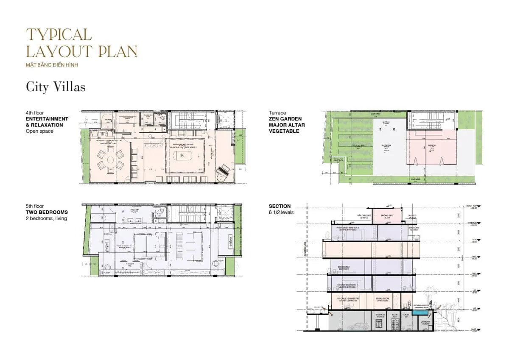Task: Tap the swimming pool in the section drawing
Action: tap(422, 312)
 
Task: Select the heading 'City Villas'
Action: tap(56, 87)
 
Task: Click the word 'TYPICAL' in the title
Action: tap(59, 35)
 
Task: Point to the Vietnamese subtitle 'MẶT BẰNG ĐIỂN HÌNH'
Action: tap(52, 65)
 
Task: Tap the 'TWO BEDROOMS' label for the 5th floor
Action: tap(47, 212)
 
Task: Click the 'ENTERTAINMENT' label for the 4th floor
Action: tap(47, 119)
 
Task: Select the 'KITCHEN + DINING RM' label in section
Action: tap(348, 300)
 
